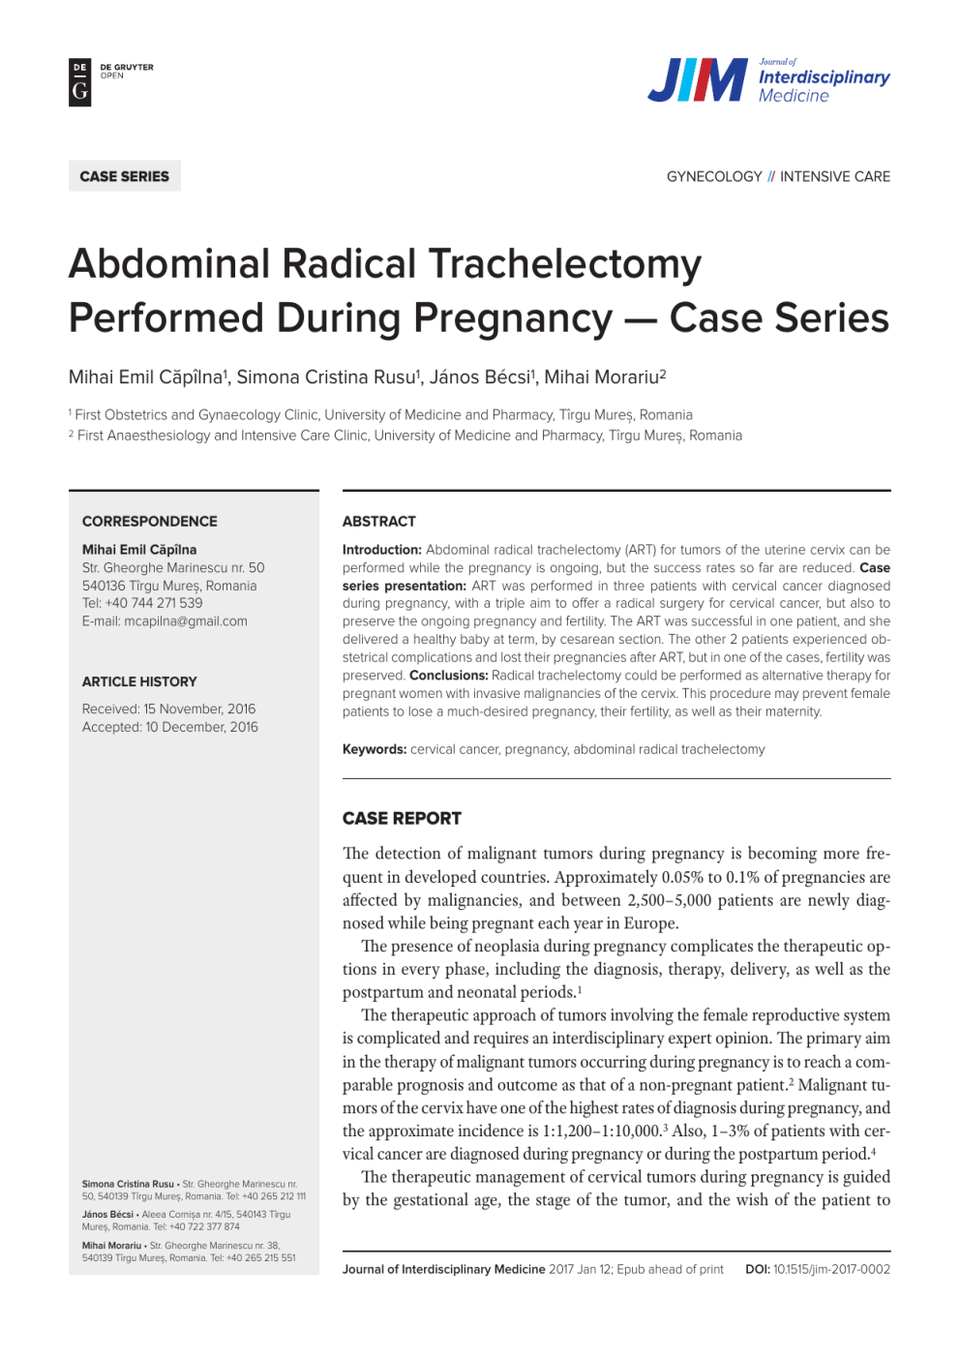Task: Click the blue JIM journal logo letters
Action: click(697, 80)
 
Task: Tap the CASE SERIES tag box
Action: click(124, 176)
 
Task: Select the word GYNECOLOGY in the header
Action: click(714, 176)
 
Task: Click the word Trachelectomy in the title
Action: click(565, 264)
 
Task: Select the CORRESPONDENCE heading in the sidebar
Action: click(149, 521)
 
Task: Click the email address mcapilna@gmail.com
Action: click(186, 621)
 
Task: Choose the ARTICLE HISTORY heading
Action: click(139, 681)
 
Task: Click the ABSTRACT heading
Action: click(378, 521)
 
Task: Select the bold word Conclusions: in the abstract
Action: click(448, 676)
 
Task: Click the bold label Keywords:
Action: click(374, 749)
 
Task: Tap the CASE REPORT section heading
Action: click(402, 818)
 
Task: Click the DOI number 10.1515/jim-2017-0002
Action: click(830, 1269)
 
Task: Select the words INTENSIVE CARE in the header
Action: click(834, 176)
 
